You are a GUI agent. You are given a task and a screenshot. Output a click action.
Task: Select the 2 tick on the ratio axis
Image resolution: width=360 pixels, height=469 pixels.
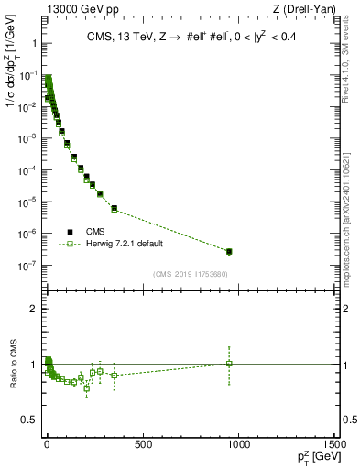click(x=34, y=309)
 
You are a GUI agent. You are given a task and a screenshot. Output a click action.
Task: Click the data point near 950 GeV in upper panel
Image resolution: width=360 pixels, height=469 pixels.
click(x=229, y=251)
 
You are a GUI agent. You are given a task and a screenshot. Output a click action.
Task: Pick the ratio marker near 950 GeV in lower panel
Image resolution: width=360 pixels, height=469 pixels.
click(x=229, y=364)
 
